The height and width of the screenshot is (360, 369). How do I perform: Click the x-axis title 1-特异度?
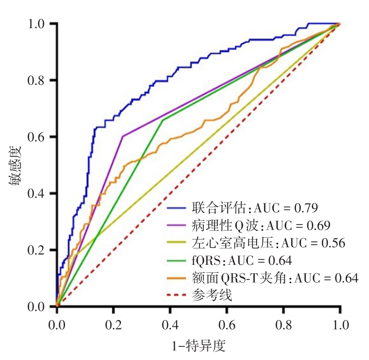click(199, 347)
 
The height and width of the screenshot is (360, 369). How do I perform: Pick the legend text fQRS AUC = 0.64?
click(242, 261)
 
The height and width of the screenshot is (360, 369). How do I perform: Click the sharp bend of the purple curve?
click(123, 136)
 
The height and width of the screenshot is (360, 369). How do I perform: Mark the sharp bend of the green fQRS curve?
click(162, 120)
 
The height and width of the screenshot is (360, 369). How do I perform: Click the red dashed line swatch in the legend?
click(177, 296)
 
